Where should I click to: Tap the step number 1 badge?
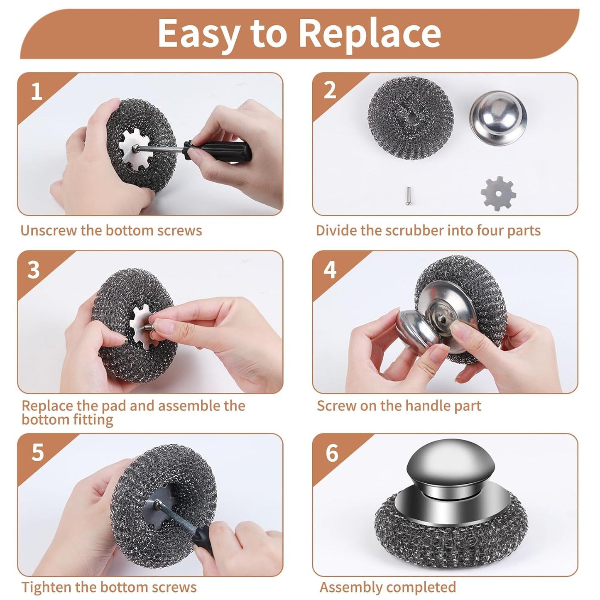coord(37,91)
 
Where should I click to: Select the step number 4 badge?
coord(330,270)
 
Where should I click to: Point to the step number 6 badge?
coord(332,453)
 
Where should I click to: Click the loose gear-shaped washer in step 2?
coord(498,193)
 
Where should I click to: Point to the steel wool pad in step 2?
coord(410,118)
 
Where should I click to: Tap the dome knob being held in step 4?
coord(415,328)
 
